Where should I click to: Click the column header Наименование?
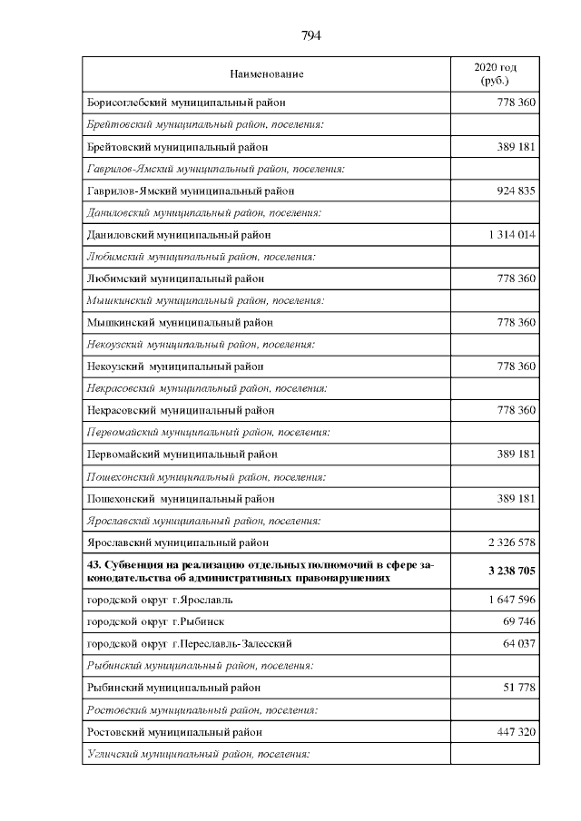tap(267, 74)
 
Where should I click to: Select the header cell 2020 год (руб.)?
tap(495, 74)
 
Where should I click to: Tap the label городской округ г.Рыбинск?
tap(155, 621)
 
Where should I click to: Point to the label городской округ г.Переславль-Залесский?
tap(189, 643)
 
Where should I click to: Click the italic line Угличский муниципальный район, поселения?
tap(199, 754)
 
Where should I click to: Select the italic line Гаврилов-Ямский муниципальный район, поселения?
tap(205, 169)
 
